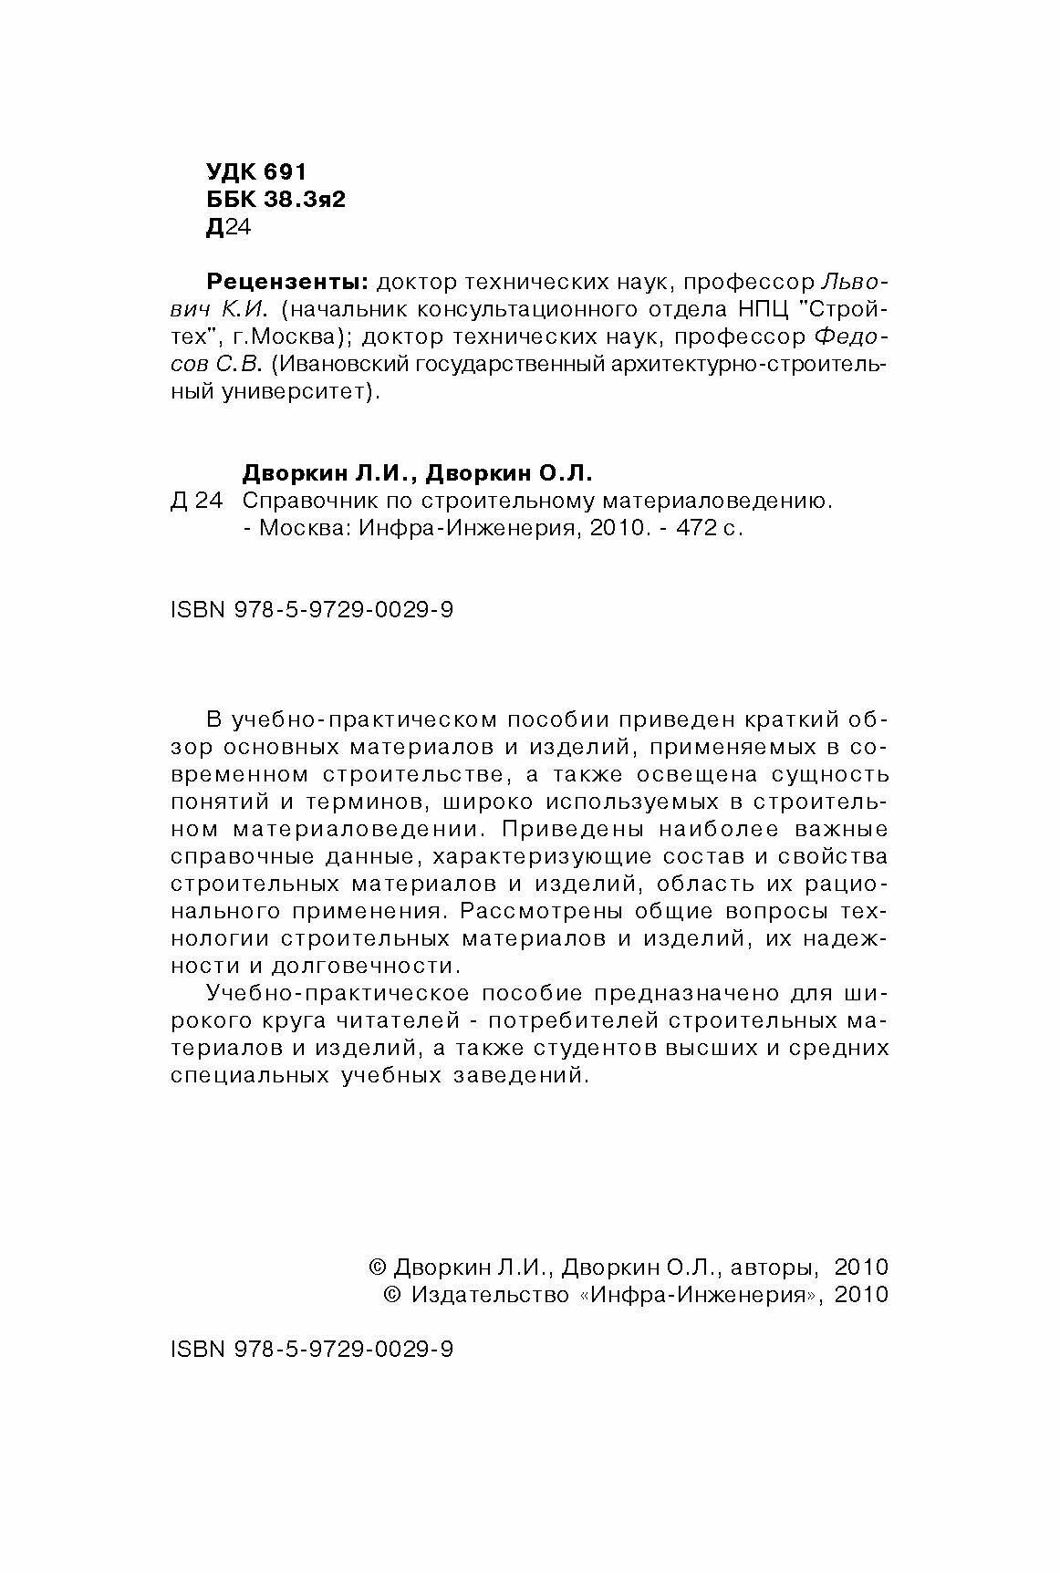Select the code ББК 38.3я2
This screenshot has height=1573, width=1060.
click(x=275, y=200)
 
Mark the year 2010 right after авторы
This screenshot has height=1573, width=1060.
click(x=860, y=1268)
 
